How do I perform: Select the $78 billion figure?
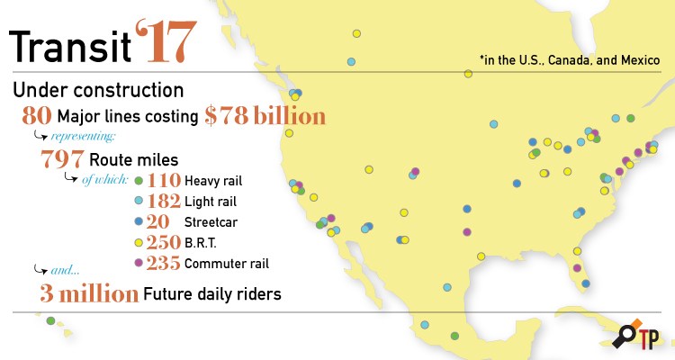coord(264,116)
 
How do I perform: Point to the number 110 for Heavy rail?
coord(163,181)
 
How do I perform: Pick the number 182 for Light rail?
coord(163,201)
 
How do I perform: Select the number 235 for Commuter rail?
coord(163,264)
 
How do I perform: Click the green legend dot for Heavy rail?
coord(138,181)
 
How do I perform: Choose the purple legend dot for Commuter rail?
coord(138,264)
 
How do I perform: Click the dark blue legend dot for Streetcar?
coord(138,221)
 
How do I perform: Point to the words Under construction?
coord(98,91)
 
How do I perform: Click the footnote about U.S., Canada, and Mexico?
coord(570,60)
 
